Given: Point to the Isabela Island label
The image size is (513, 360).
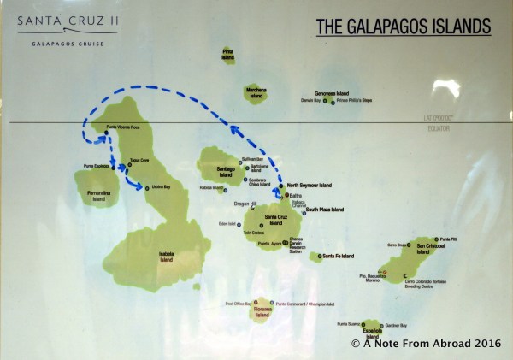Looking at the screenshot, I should [165, 257].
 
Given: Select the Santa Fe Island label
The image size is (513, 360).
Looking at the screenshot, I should [333, 256].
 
